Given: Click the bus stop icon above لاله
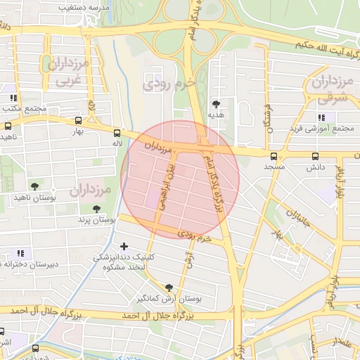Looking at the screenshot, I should pyautogui.click(x=117, y=132).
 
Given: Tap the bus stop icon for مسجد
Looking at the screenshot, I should pyautogui.click(x=274, y=156).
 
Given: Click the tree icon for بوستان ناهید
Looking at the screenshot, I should pyautogui.click(x=34, y=186).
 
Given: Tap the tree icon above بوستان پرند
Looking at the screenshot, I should pyautogui.click(x=96, y=208).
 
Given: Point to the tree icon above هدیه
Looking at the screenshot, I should pyautogui.click(x=216, y=103).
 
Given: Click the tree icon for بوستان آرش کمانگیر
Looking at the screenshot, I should pyautogui.click(x=168, y=287).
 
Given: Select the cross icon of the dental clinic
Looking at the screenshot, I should pyautogui.click(x=124, y=246).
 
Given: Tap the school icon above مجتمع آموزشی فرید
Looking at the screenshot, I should pyautogui.click(x=321, y=117).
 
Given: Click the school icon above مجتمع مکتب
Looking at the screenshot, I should pyautogui.click(x=13, y=97).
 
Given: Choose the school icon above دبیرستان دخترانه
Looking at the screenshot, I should pyautogui.click(x=20, y=252).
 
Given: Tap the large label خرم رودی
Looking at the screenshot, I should pyautogui.click(x=168, y=84).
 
